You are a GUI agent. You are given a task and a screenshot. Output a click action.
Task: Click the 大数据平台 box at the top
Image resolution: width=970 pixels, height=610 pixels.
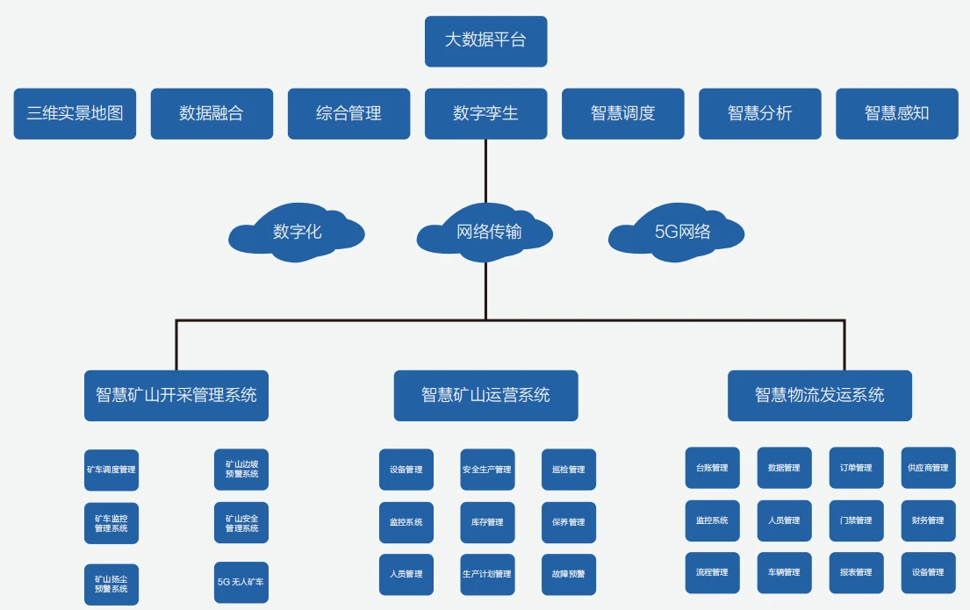[x=485, y=41]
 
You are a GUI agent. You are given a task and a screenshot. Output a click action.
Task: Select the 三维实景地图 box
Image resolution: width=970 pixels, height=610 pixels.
[x=75, y=113]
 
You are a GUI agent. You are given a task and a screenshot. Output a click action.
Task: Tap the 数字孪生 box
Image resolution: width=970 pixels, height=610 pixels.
[x=485, y=113]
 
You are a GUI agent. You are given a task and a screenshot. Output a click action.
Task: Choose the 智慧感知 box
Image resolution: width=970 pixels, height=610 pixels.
[x=896, y=113]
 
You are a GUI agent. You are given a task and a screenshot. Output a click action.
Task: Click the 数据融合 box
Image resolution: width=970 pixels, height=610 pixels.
[x=212, y=113]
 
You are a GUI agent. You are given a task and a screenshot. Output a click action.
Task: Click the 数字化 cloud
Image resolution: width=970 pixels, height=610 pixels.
[x=297, y=233]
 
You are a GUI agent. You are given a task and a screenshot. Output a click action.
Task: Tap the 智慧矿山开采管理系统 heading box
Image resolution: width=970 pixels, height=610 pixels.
[x=176, y=395]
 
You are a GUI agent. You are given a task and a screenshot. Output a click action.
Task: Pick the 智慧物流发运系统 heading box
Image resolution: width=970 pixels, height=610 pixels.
[x=819, y=395]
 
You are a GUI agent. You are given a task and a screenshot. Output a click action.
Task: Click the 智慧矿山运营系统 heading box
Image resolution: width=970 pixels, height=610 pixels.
[x=485, y=395]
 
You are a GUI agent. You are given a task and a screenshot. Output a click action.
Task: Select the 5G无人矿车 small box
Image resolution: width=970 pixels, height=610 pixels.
[x=241, y=582]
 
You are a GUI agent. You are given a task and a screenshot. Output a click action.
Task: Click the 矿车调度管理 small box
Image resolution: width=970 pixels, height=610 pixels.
[x=111, y=470]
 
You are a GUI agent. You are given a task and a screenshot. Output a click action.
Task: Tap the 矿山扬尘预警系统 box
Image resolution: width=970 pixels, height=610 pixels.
[x=111, y=584]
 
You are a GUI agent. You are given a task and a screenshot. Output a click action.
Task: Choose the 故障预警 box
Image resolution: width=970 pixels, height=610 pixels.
[x=568, y=574]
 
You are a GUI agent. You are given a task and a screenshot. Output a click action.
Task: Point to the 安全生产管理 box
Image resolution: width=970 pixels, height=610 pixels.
[x=487, y=470]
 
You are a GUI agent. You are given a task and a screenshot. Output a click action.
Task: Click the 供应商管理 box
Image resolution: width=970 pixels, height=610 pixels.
[x=928, y=468]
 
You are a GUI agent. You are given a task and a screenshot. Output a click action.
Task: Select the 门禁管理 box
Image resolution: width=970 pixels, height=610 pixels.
[x=856, y=520]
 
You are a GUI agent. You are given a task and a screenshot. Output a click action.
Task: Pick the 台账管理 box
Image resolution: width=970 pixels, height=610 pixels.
[x=712, y=468]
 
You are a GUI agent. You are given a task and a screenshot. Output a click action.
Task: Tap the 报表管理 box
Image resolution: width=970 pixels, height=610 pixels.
[x=856, y=572]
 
